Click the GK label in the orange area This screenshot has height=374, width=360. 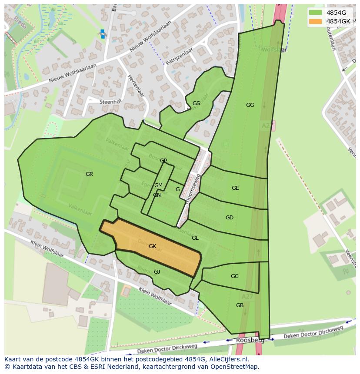(152, 246)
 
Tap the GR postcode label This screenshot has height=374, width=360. (89, 174)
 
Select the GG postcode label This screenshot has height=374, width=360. (250, 105)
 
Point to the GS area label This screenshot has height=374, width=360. (196, 103)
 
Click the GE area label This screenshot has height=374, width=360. (235, 188)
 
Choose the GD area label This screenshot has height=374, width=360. (230, 218)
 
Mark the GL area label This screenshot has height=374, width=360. (195, 238)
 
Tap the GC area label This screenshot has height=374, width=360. (235, 276)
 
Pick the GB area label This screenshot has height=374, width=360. (240, 305)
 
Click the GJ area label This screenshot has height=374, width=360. (157, 272)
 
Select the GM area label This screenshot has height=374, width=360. (158, 185)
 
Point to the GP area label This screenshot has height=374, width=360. (163, 161)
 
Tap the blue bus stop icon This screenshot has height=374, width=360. (103, 34)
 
